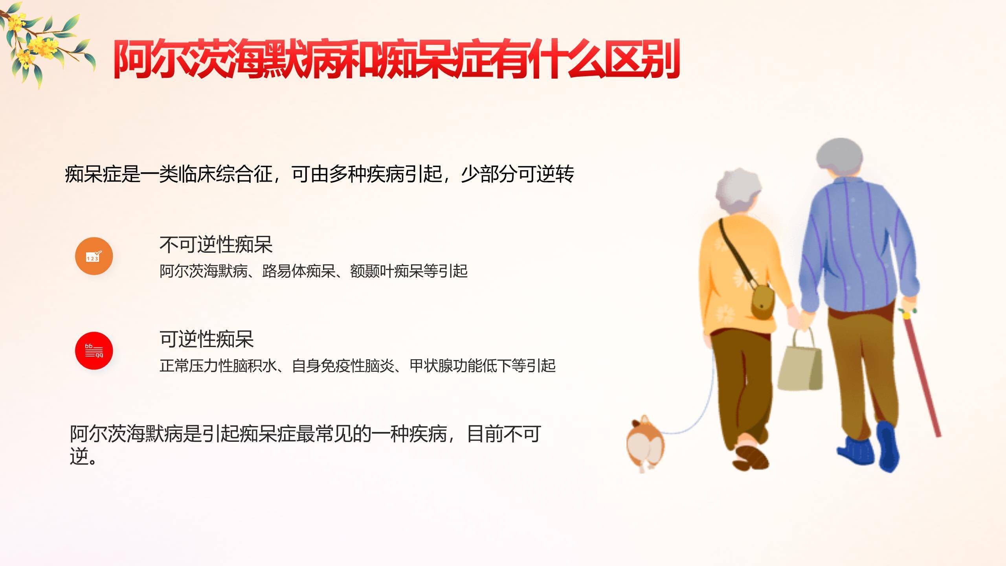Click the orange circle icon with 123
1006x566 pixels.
coord(94,256)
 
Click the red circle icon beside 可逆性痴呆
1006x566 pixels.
coord(94,351)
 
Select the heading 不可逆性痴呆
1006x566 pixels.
coord(216,244)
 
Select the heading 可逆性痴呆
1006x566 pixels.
coord(206,339)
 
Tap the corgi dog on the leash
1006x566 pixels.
coord(644,444)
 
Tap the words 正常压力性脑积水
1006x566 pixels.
coord(218,366)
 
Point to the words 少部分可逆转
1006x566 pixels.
coord(517,174)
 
